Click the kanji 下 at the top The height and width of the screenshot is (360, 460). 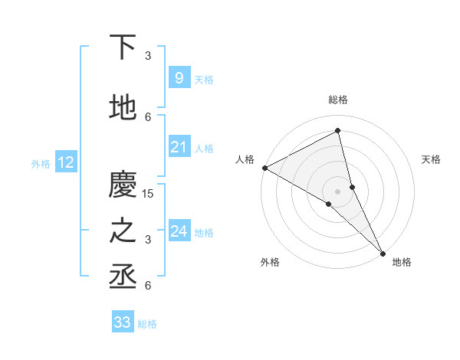[x=123, y=47]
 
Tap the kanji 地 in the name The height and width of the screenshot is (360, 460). [x=123, y=109]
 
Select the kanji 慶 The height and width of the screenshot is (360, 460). [x=123, y=185]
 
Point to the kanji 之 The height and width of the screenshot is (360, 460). [x=123, y=231]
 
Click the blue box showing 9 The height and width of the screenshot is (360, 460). [x=179, y=77]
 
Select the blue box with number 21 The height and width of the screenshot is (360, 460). [x=179, y=147]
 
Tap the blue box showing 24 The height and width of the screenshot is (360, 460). [x=179, y=231]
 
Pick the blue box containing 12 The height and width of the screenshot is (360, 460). [x=65, y=162]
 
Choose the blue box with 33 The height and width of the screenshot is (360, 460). [x=123, y=322]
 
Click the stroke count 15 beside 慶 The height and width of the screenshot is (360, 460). [x=149, y=194]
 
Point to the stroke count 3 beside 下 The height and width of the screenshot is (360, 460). [x=148, y=56]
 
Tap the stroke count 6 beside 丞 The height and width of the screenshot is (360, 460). [x=148, y=286]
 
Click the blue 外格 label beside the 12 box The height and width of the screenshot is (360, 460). [x=41, y=163]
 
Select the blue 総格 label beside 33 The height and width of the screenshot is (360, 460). [x=147, y=324]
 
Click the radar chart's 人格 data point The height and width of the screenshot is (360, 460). [x=264, y=168]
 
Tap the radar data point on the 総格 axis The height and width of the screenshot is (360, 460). [x=337, y=130]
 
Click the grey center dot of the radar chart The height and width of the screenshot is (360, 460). [x=337, y=191]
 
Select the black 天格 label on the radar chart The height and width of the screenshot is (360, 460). [x=431, y=159]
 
